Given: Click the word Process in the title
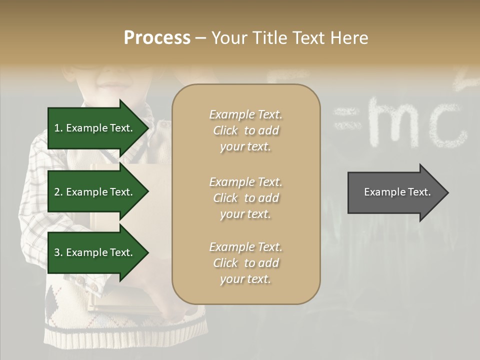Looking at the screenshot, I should (157, 38).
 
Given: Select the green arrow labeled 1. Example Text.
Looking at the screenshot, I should (97, 128).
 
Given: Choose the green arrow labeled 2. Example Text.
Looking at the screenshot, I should (97, 192).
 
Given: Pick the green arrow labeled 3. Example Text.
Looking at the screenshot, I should (97, 252).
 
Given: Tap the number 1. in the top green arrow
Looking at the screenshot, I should (58, 128).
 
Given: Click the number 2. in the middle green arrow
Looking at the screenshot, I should (58, 192).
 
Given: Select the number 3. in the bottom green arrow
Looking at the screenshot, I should (58, 252).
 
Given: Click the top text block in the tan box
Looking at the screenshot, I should (245, 130).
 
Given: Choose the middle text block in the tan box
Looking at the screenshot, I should (245, 198).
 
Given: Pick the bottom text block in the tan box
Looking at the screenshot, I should (245, 263).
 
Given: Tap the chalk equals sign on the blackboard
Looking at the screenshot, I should (347, 120).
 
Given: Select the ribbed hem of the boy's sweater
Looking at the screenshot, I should (125, 332).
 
